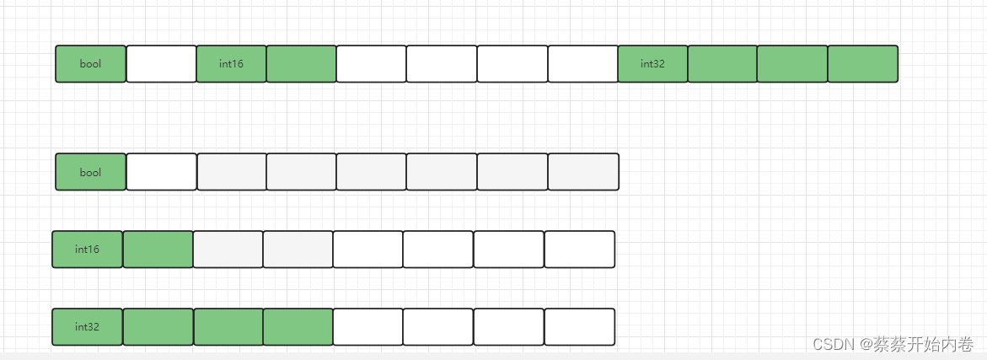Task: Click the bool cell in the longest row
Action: (x=91, y=64)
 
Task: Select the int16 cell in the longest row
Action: (x=231, y=64)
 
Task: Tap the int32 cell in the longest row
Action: (x=652, y=64)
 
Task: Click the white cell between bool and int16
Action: (x=161, y=64)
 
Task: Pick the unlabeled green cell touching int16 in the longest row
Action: (x=301, y=64)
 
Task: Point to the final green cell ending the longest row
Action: (x=862, y=64)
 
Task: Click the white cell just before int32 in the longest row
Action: (x=582, y=64)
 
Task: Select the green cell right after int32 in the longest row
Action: (x=722, y=64)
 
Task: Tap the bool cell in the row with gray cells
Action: (x=91, y=172)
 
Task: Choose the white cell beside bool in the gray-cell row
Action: (x=161, y=172)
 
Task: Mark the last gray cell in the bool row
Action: (x=582, y=172)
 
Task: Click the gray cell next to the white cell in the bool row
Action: (x=231, y=172)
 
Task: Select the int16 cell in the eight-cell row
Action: (x=88, y=250)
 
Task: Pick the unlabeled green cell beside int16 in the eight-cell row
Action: (x=158, y=250)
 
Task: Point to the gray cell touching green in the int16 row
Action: (x=228, y=250)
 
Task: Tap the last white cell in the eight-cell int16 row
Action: (x=579, y=250)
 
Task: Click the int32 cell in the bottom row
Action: (x=88, y=327)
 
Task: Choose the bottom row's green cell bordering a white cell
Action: (x=298, y=327)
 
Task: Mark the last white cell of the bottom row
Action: (x=579, y=327)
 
